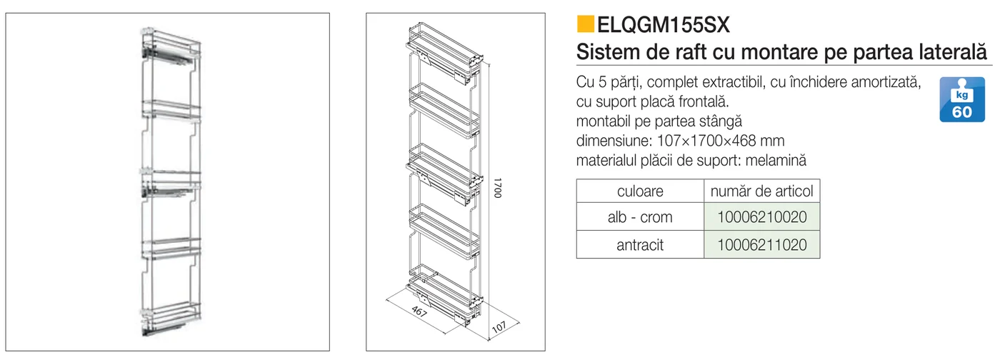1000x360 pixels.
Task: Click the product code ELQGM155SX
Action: click(x=664, y=25)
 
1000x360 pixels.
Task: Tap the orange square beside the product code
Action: click(x=585, y=24)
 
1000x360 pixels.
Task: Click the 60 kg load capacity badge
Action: click(x=962, y=99)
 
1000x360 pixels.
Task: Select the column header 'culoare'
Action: click(x=640, y=191)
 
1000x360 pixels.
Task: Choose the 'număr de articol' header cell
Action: click(x=761, y=191)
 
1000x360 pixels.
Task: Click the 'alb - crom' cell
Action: click(x=640, y=217)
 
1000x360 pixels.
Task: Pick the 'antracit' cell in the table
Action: click(x=640, y=245)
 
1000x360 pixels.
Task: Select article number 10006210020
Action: click(x=761, y=217)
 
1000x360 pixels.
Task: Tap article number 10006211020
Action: click(x=761, y=245)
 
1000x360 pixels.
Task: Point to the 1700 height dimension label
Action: click(x=497, y=188)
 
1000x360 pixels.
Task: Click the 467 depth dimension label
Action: click(x=419, y=311)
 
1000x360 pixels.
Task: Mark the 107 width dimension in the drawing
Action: click(x=499, y=327)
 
